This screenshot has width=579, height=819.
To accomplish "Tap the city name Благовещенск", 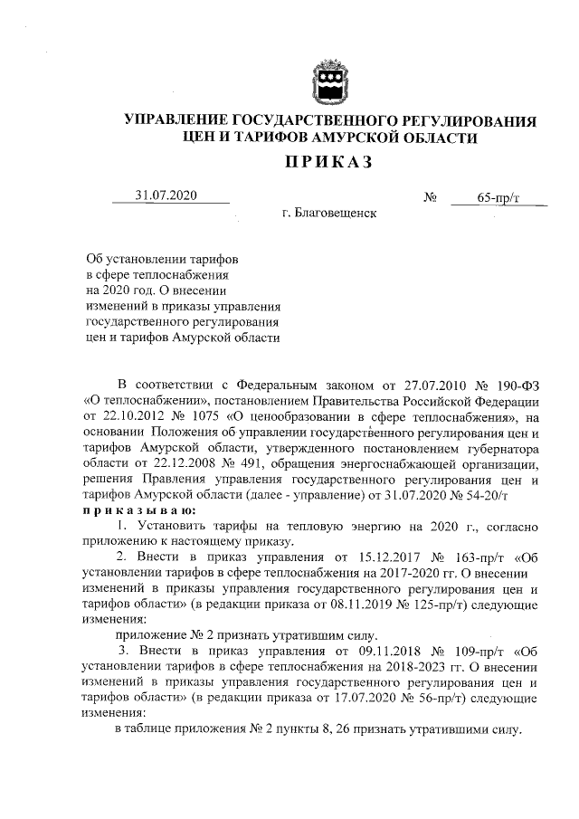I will coord(329,214).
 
